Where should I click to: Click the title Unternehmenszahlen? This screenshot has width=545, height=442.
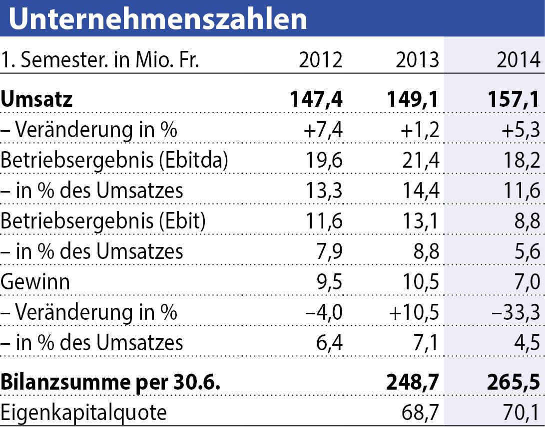[x=158, y=19]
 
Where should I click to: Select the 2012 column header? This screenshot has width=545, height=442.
[x=321, y=61]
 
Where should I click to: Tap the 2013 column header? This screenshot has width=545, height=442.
[x=417, y=61]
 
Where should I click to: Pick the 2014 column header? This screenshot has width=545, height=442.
[x=518, y=61]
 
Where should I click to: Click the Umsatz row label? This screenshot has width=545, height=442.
[x=37, y=99]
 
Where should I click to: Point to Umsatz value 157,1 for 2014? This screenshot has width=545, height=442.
[x=514, y=99]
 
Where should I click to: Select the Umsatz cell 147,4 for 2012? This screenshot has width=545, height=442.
[x=316, y=99]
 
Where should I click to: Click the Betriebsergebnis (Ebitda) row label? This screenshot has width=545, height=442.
[x=115, y=160]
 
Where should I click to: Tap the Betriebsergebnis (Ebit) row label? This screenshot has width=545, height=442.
[x=103, y=221]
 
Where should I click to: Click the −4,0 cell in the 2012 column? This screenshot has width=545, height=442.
[x=324, y=312]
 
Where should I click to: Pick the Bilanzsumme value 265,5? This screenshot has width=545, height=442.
[x=514, y=383]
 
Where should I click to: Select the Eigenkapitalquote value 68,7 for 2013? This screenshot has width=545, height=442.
[x=421, y=413]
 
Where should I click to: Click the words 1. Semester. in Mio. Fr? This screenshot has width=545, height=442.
[x=100, y=61]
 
